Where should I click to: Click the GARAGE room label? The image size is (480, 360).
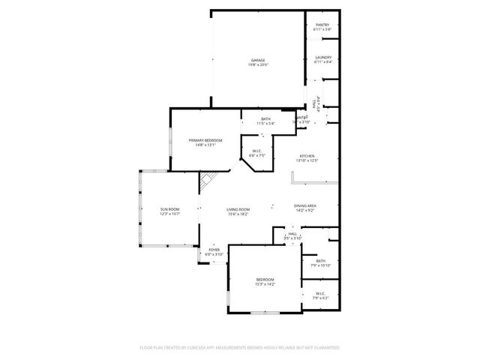click(x=258, y=60)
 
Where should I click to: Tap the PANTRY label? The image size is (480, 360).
click(x=322, y=25)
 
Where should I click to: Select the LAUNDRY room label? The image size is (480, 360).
click(x=323, y=57)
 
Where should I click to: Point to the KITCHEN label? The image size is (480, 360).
click(x=307, y=156)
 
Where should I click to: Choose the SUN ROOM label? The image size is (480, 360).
click(x=169, y=209)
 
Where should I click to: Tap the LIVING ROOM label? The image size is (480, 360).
click(x=238, y=209)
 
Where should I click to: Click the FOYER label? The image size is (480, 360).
click(x=214, y=250)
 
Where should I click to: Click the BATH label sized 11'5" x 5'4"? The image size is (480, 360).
click(x=266, y=118)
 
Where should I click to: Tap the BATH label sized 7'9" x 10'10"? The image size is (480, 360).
click(x=320, y=260)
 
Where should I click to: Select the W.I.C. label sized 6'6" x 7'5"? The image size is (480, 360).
click(x=256, y=151)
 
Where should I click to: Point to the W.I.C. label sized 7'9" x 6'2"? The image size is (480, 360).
click(x=320, y=293)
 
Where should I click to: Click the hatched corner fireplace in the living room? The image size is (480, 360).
click(x=207, y=181)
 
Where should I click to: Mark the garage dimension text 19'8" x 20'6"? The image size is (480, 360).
click(x=258, y=65)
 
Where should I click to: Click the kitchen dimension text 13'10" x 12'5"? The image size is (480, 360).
click(x=307, y=160)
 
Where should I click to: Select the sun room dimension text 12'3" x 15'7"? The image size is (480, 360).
click(x=169, y=214)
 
